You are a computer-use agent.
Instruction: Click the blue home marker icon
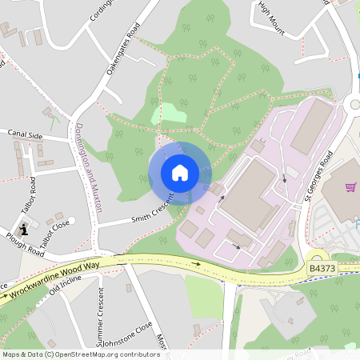(x=180, y=173)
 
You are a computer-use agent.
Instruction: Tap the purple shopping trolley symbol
(x=350, y=187)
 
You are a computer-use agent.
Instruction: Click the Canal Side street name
(x=25, y=135)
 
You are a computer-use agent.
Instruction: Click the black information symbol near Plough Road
(x=24, y=230)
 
